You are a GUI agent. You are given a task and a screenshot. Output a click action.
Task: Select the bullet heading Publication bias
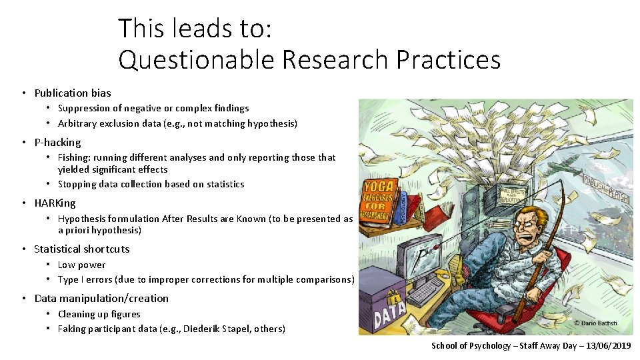point(73,93)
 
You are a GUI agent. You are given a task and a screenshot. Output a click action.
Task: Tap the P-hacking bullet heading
point(57,142)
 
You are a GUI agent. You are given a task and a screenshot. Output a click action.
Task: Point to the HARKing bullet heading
point(55,203)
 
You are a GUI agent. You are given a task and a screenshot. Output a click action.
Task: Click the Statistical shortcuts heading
point(82,249)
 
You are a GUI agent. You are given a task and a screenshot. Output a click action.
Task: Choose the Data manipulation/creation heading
point(101,298)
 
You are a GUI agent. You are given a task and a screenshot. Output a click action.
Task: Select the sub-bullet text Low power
point(81,265)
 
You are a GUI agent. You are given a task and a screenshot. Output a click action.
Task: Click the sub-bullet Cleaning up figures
point(99,314)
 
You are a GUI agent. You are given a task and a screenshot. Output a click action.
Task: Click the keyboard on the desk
point(427,291)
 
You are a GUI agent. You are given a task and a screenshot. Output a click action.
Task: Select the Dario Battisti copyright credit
point(595,323)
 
